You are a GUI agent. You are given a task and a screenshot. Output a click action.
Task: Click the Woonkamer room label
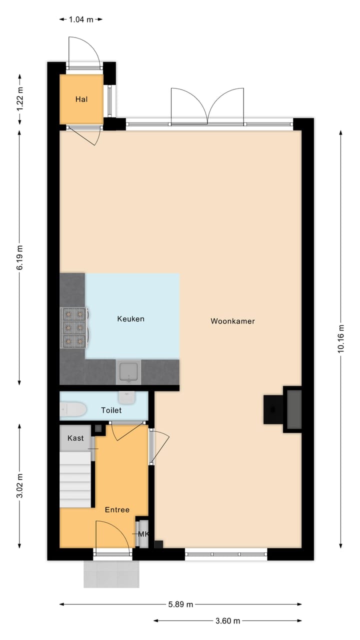[x=232, y=321]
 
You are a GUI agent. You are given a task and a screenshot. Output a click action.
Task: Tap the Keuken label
[x=130, y=318]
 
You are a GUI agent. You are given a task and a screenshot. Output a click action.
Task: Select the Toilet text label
[x=111, y=410]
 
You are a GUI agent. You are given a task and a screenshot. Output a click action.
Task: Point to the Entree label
[x=117, y=509]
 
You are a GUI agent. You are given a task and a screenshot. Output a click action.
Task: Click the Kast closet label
[x=75, y=438]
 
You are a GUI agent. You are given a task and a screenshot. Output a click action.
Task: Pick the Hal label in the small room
[x=81, y=99]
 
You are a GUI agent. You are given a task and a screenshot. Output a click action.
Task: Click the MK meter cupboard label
[x=143, y=534]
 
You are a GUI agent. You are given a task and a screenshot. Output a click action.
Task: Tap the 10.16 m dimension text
[x=341, y=339]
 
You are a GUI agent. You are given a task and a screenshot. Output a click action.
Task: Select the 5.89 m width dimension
[x=180, y=604]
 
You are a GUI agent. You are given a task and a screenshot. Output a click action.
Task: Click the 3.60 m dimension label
[x=227, y=621]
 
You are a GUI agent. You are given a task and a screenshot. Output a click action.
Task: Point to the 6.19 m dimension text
[x=20, y=257]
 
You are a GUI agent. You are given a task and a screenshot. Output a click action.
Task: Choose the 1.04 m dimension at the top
[x=80, y=19]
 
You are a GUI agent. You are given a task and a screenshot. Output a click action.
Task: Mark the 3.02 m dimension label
[x=20, y=486]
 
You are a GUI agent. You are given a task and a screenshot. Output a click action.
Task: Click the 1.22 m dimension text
[x=20, y=99]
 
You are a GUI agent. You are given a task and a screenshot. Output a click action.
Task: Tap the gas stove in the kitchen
[x=73, y=327]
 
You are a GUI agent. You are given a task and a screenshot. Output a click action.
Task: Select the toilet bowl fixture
[x=73, y=410]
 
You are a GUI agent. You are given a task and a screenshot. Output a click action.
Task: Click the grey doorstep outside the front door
[x=111, y=573]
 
